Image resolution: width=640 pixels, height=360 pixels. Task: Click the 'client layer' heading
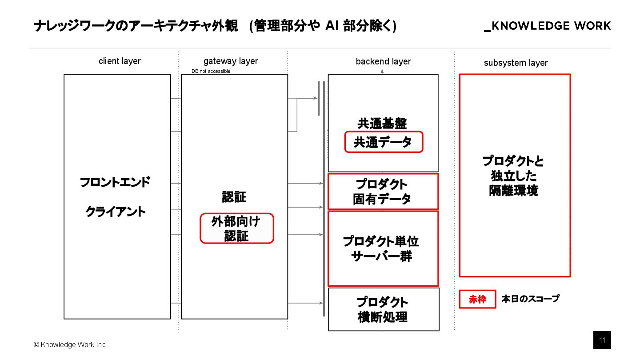point(120,61)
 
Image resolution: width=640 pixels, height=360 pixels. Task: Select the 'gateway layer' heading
point(231,61)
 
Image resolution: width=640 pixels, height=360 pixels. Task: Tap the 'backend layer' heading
point(383,61)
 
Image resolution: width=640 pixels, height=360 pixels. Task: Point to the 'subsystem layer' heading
point(516,63)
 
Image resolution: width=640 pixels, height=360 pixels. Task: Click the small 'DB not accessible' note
point(211,71)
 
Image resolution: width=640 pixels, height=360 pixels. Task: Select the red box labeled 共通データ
point(384,142)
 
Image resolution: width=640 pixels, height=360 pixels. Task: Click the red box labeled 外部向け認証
point(236,228)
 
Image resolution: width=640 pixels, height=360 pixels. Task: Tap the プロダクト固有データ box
point(383,192)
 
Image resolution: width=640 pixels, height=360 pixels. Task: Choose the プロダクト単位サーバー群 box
point(383,249)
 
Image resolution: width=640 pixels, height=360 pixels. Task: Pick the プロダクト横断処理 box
point(383,309)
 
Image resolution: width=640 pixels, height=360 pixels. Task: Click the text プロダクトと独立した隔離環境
point(513,176)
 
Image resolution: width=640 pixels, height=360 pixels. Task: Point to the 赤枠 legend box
point(477,300)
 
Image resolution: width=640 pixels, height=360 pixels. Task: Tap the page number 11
point(602,340)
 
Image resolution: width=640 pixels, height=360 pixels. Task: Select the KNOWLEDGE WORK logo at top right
point(548,26)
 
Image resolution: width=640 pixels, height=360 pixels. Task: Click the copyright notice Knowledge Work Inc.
point(71,345)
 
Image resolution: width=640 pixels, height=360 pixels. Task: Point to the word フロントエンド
point(115,183)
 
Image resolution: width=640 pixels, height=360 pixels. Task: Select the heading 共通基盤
point(382,123)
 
